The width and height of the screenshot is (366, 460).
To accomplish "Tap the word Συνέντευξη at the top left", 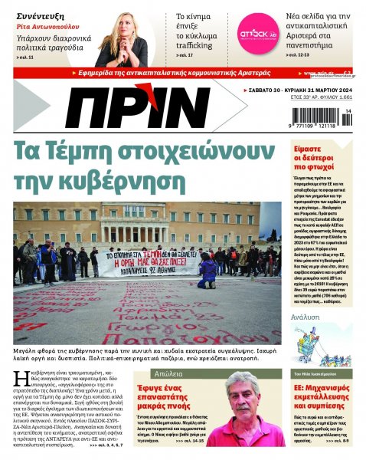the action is [38, 13].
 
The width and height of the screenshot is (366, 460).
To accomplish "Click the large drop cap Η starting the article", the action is [20, 377].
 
